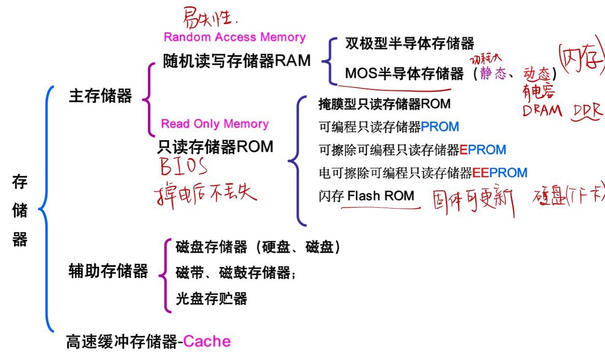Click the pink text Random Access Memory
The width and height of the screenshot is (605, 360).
click(x=235, y=37)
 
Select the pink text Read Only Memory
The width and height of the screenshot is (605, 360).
click(x=214, y=124)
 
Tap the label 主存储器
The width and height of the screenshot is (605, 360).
click(x=101, y=96)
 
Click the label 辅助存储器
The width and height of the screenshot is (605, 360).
click(x=108, y=271)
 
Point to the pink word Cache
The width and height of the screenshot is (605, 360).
click(x=207, y=341)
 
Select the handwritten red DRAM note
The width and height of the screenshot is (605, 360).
click(x=542, y=111)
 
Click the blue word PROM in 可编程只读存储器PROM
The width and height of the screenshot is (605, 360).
click(x=440, y=126)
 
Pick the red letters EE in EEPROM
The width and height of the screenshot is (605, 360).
click(x=481, y=173)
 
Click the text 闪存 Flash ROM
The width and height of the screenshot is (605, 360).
click(x=366, y=196)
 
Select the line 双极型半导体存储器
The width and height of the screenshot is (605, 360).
click(x=410, y=44)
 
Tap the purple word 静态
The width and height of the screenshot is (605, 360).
click(x=493, y=74)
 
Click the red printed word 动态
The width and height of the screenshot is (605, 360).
click(x=537, y=74)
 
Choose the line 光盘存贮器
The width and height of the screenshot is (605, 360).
click(x=211, y=299)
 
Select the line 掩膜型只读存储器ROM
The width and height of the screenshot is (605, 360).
click(x=384, y=103)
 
